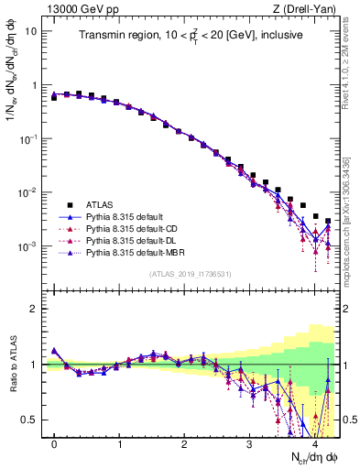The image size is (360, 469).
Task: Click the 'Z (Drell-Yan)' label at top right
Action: pos(306,9)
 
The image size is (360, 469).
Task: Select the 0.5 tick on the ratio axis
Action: pos(34,420)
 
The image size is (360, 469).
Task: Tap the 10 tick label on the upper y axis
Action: pos(32,30)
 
